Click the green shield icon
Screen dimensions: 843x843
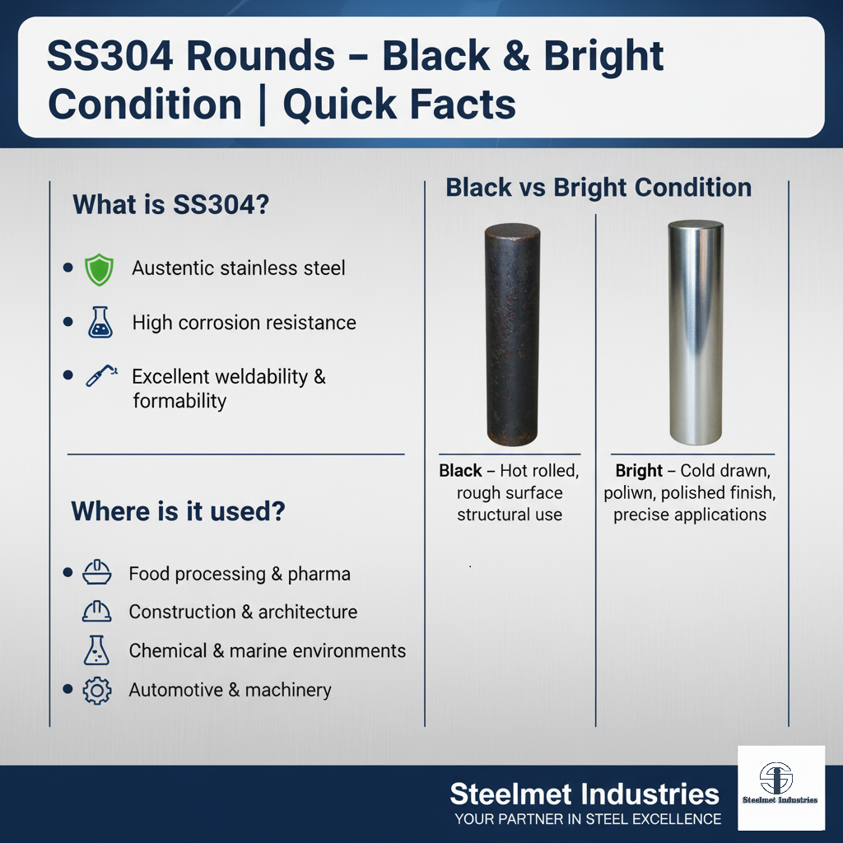99,269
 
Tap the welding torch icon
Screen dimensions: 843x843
101,375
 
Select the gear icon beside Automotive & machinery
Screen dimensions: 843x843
97,691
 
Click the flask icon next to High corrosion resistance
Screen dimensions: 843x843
100,322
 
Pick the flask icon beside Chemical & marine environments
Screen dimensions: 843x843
96,650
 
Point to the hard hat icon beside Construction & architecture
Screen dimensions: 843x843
97,612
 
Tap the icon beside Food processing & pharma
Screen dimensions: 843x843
97,572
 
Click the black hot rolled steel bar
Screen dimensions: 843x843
512,335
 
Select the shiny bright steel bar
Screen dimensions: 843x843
696,333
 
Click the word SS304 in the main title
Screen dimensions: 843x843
110,55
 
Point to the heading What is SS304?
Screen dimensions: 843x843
171,204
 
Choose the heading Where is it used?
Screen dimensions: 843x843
178,510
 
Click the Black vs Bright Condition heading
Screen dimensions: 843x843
598,188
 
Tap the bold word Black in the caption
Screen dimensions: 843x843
460,470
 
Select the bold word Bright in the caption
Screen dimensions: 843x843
639,470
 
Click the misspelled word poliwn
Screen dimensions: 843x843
628,493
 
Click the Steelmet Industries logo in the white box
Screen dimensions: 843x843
780,788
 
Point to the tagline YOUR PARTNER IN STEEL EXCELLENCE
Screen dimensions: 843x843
588,819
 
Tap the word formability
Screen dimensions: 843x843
179,401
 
